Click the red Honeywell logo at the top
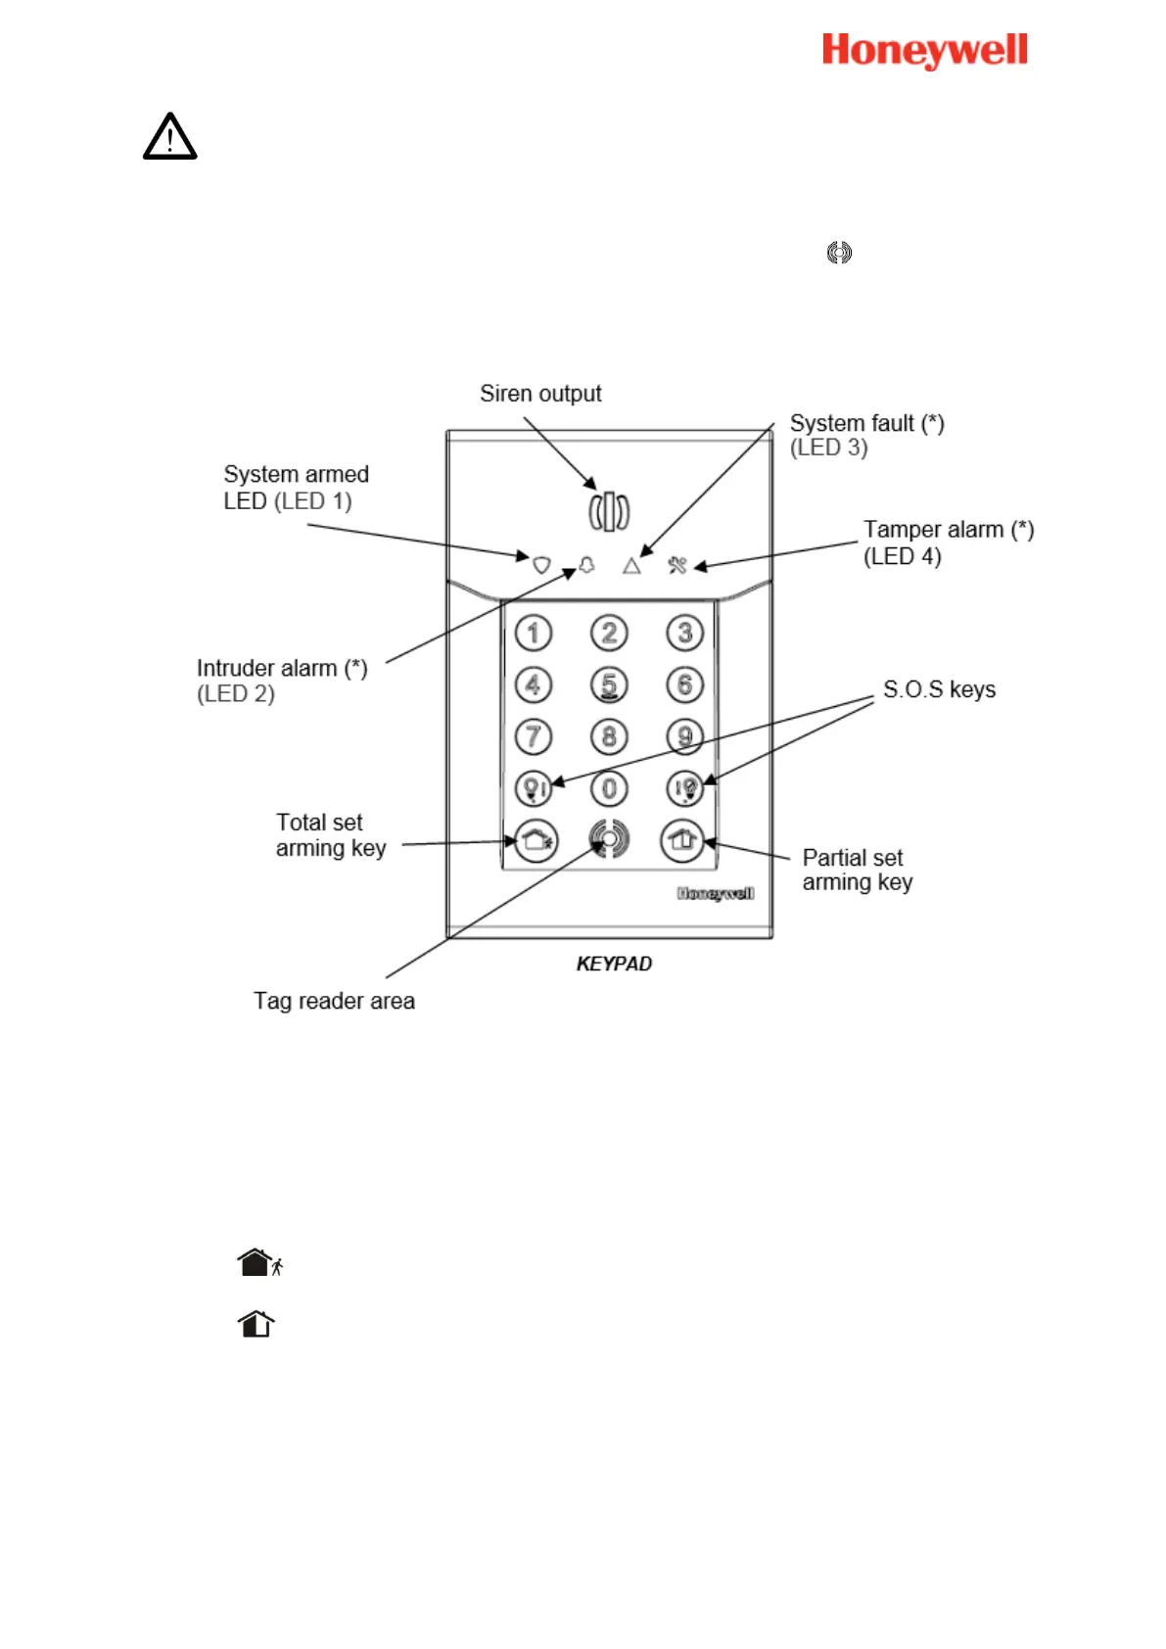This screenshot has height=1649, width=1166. pyautogui.click(x=924, y=50)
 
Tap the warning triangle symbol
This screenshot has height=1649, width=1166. pyautogui.click(x=169, y=137)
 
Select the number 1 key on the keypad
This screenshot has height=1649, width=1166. pyautogui.click(x=534, y=633)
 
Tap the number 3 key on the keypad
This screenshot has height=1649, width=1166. pyautogui.click(x=685, y=633)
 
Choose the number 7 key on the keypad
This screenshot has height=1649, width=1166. pyautogui.click(x=534, y=736)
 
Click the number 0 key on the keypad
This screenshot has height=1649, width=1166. pyautogui.click(x=609, y=788)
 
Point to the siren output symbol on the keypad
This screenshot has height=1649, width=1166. pyautogui.click(x=609, y=511)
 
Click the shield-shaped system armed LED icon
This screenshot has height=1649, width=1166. pyautogui.click(x=541, y=565)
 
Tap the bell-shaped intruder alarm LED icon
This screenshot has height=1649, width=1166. pyautogui.click(x=586, y=565)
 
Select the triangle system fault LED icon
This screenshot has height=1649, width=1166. pyautogui.click(x=631, y=566)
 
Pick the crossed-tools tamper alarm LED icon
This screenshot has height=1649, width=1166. pyautogui.click(x=676, y=565)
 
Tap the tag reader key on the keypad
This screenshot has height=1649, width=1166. pyautogui.click(x=609, y=839)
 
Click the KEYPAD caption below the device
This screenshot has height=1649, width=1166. pyautogui.click(x=614, y=964)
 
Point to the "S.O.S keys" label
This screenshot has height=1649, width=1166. pyautogui.click(x=939, y=689)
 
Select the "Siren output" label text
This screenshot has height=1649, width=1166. pyautogui.click(x=540, y=394)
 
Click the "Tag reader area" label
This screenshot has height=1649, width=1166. pyautogui.click(x=334, y=1001)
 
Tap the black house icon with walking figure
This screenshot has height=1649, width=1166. pyautogui.click(x=259, y=1262)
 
